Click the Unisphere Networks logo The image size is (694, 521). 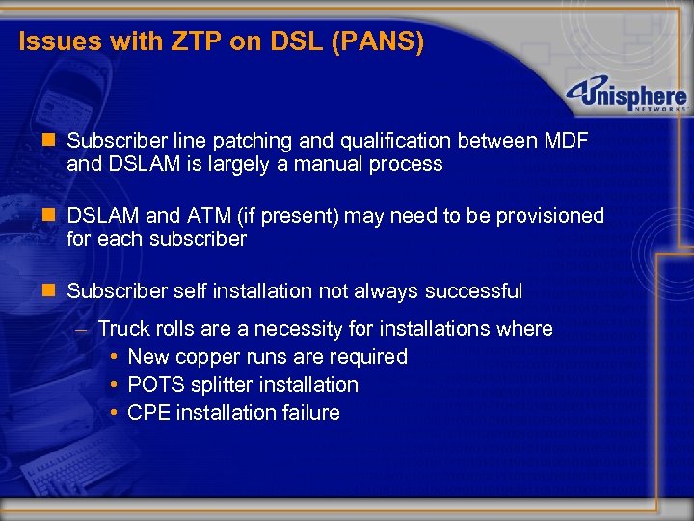(627, 97)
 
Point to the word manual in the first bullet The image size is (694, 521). (343, 164)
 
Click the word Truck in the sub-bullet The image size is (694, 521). (122, 328)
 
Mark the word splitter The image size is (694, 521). (224, 384)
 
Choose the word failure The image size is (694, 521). (307, 412)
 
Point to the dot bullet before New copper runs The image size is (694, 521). (114, 356)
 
